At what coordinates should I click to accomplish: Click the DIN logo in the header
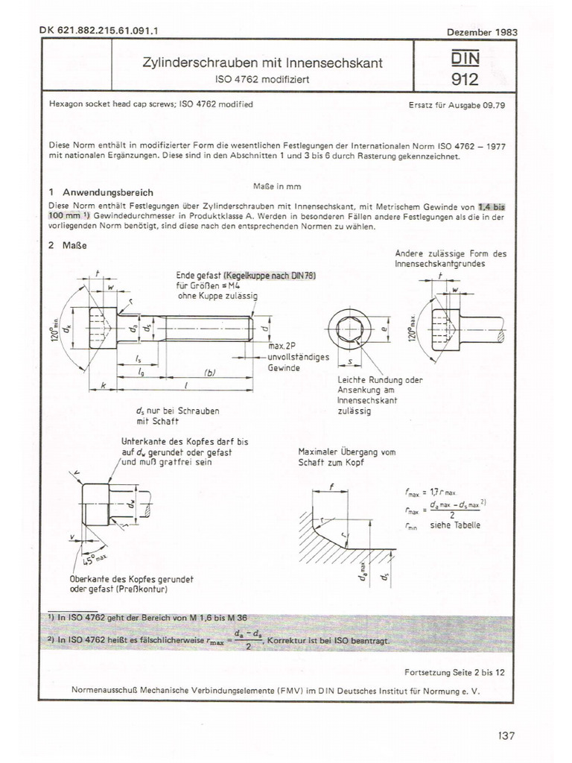(464, 57)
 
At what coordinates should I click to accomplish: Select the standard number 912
(464, 79)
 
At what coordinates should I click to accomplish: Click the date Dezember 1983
(481, 32)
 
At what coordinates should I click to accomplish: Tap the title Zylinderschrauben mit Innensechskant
(262, 63)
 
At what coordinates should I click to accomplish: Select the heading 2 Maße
(63, 247)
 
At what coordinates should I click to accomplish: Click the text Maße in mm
(276, 186)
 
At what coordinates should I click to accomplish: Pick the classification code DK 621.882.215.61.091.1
(103, 31)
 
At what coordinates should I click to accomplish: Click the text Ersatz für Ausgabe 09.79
(457, 105)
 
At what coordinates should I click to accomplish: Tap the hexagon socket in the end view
(349, 328)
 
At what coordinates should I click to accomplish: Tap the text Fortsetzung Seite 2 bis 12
(454, 671)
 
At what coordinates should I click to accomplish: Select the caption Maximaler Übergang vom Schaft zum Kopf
(346, 457)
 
